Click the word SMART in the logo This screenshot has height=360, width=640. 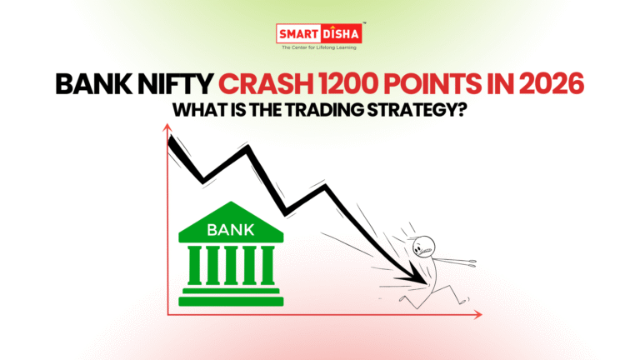tap(300, 35)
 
